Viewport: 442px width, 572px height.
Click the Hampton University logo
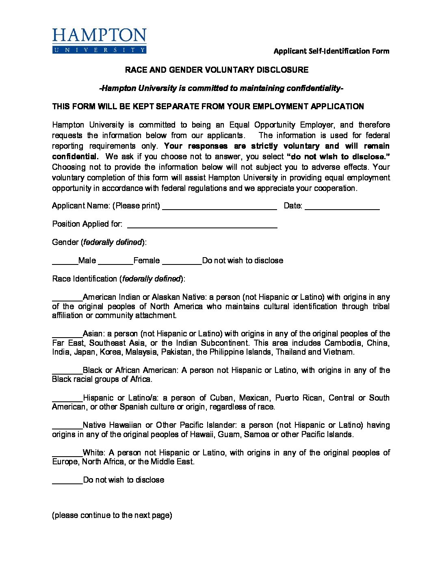pos(99,41)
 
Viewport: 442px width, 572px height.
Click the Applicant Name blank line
pos(219,207)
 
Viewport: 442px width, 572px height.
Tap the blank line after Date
pos(342,207)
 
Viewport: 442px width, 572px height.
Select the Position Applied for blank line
pos(202,225)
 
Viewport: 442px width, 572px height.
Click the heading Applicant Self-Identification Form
pos(331,51)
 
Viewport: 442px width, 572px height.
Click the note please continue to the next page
pos(112,515)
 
